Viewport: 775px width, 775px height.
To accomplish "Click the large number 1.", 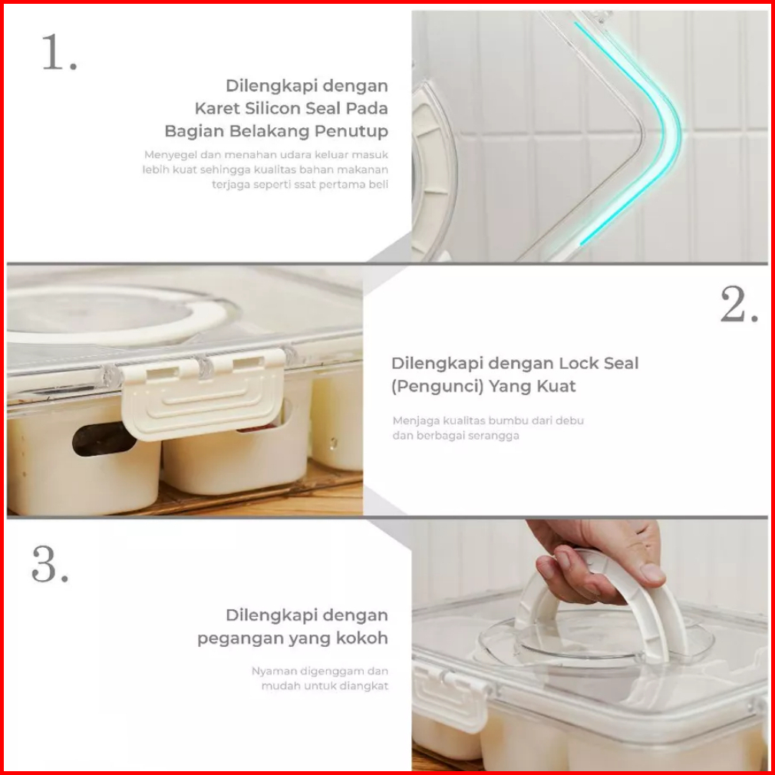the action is pyautogui.click(x=59, y=52).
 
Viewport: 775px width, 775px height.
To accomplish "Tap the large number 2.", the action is pyautogui.click(x=739, y=305).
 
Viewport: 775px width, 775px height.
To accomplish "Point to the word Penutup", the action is pyautogui.click(x=351, y=131).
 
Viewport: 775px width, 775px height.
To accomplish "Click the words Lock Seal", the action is pyautogui.click(x=599, y=363).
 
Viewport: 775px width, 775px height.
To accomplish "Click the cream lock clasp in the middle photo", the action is pyautogui.click(x=203, y=394).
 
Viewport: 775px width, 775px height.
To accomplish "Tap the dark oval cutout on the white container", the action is pyautogui.click(x=104, y=439).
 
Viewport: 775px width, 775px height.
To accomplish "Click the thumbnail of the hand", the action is pyautogui.click(x=652, y=572).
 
